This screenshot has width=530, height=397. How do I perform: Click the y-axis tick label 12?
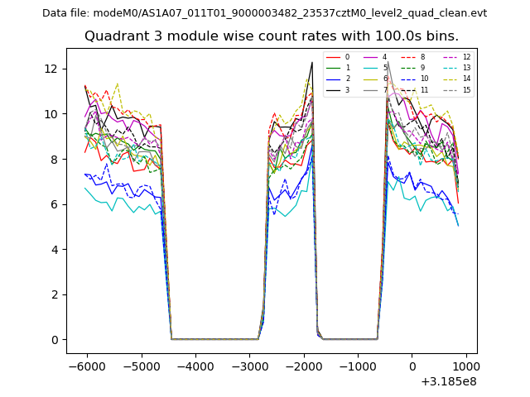[x=55, y=69]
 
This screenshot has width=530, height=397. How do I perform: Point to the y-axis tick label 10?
[x=55, y=114]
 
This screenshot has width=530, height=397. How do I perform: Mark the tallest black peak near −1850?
[x=312, y=62]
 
